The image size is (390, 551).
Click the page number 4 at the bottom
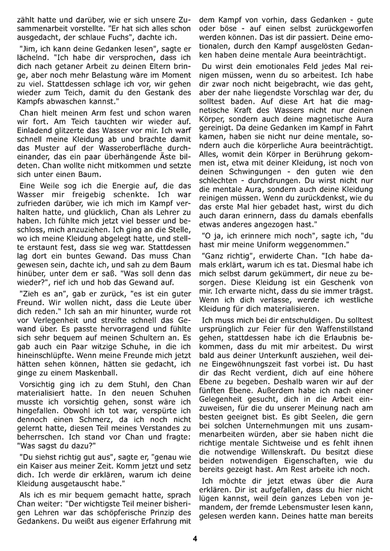(195, 537)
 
